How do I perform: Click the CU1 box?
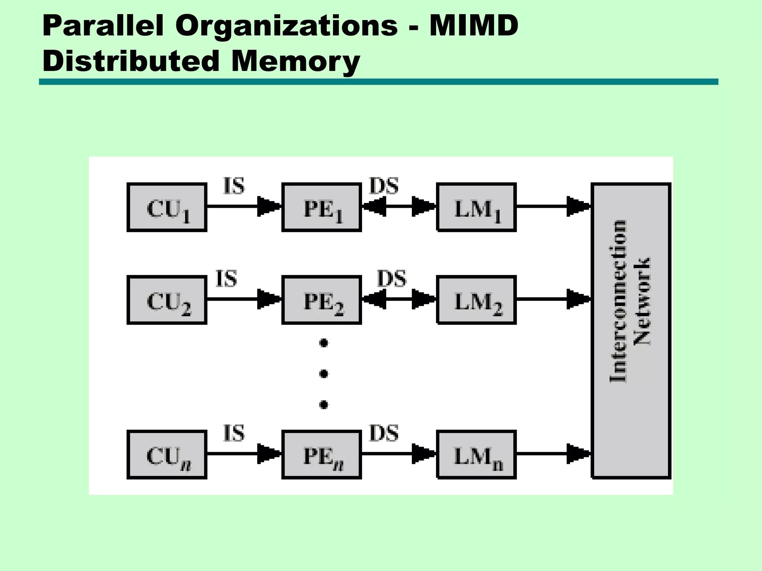167,207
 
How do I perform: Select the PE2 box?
321,300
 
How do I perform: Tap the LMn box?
476,455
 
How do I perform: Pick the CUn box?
167,455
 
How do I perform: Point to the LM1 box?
476,207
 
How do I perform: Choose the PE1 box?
321,207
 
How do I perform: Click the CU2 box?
167,300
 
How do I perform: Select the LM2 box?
476,300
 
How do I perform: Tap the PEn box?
321,455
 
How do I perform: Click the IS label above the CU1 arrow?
234,186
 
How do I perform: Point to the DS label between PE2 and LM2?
391,279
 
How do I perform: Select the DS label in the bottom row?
384,433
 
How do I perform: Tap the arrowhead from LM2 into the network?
578,299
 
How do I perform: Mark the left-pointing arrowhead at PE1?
374,206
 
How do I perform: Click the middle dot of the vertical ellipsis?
324,373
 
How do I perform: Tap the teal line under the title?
378,82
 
